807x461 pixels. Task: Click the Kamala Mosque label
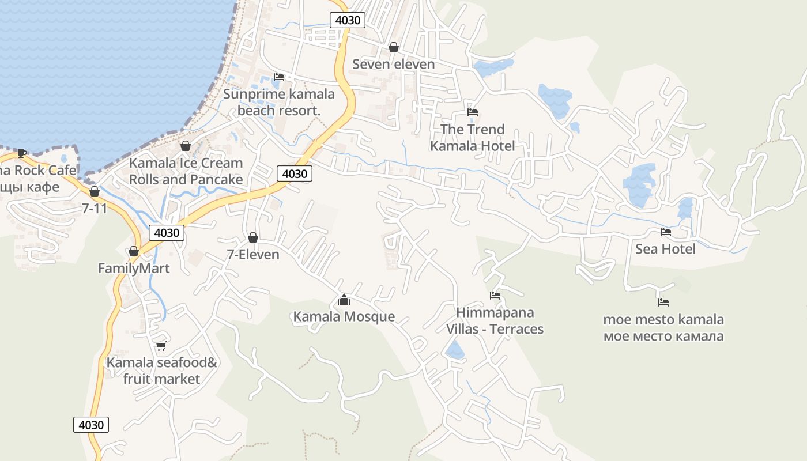[x=344, y=316]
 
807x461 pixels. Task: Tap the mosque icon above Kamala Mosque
[x=344, y=300]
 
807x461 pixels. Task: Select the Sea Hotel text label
[x=665, y=249]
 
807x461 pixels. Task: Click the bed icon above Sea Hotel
[x=666, y=232]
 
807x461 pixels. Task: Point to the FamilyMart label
[x=134, y=268]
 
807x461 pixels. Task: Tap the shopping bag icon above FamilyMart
[x=134, y=252]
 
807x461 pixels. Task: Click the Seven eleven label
[x=393, y=64]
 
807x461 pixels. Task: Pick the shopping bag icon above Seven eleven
[x=394, y=47]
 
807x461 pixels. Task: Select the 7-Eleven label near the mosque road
[x=252, y=254]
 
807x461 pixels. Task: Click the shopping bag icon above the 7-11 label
[x=95, y=191]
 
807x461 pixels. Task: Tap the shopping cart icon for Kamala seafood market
[x=161, y=346]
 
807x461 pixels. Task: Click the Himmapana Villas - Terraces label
[x=495, y=321]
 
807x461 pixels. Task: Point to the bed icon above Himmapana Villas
[x=495, y=296]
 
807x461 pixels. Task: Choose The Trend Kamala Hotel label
[x=473, y=138]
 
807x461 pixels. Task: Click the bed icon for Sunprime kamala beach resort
[x=279, y=77]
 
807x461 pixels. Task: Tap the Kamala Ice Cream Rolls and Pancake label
[x=186, y=171]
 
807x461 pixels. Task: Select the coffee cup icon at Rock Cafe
[x=22, y=153]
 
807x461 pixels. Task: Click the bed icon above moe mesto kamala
[x=663, y=302]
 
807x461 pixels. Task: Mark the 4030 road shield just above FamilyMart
[x=167, y=233]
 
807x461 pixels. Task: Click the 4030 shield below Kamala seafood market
[x=91, y=425]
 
